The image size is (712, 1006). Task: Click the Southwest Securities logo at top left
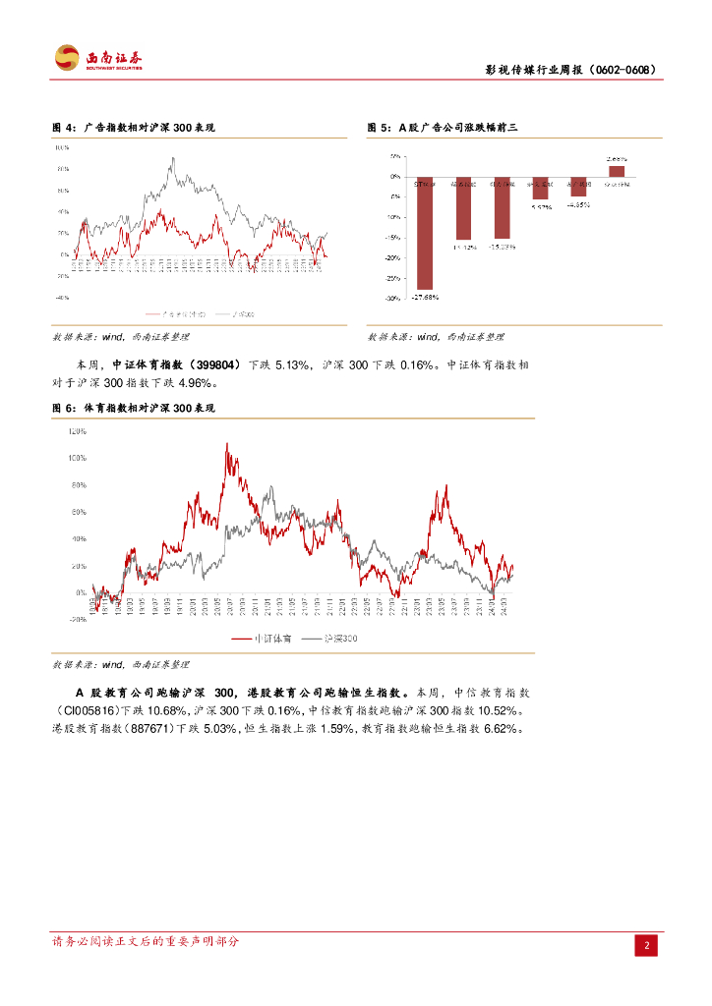tap(97, 59)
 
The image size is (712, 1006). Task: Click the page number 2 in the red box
tap(647, 945)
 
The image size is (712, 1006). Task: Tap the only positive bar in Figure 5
tap(617, 171)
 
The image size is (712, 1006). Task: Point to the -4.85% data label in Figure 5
tap(578, 205)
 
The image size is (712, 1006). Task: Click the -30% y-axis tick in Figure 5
tap(392, 299)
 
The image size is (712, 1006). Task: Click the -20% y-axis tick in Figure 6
tap(77, 620)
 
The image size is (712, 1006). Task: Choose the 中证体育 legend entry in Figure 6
tap(260, 639)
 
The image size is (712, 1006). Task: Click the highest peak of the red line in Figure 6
tap(227, 444)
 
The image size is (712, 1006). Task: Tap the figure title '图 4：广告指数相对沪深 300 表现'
tap(134, 128)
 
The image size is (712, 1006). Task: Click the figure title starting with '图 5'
tap(443, 128)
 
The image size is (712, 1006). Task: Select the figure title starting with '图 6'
tap(134, 408)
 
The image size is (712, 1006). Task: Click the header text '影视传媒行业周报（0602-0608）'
tap(570, 71)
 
